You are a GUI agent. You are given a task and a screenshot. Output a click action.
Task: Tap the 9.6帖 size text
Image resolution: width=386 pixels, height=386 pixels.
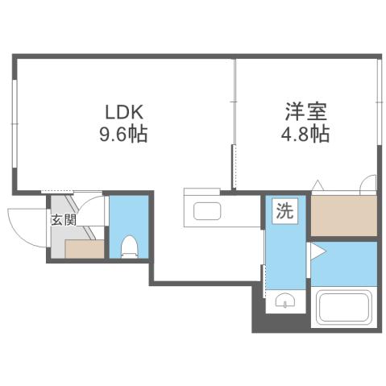click(x=124, y=134)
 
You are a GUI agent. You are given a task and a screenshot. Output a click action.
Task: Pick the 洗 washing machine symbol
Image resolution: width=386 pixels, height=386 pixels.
click(x=286, y=213)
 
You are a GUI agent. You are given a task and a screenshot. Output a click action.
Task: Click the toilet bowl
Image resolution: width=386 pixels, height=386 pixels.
click(x=129, y=245)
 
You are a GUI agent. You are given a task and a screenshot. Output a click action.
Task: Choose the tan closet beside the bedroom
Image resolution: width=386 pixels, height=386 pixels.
click(x=344, y=215)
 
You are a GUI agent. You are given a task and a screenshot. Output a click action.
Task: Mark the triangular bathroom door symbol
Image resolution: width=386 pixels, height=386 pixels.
click(x=316, y=251)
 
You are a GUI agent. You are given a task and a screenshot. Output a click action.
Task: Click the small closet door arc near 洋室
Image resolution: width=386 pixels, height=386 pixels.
click(x=369, y=184)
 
